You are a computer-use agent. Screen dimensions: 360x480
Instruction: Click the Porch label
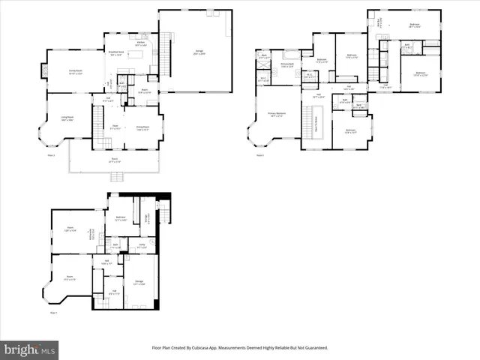point(115,160)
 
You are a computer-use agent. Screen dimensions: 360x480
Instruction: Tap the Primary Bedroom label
point(276,115)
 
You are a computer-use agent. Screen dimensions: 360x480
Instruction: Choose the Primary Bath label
point(287,65)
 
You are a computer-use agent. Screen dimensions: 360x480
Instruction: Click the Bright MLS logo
point(29,349)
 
